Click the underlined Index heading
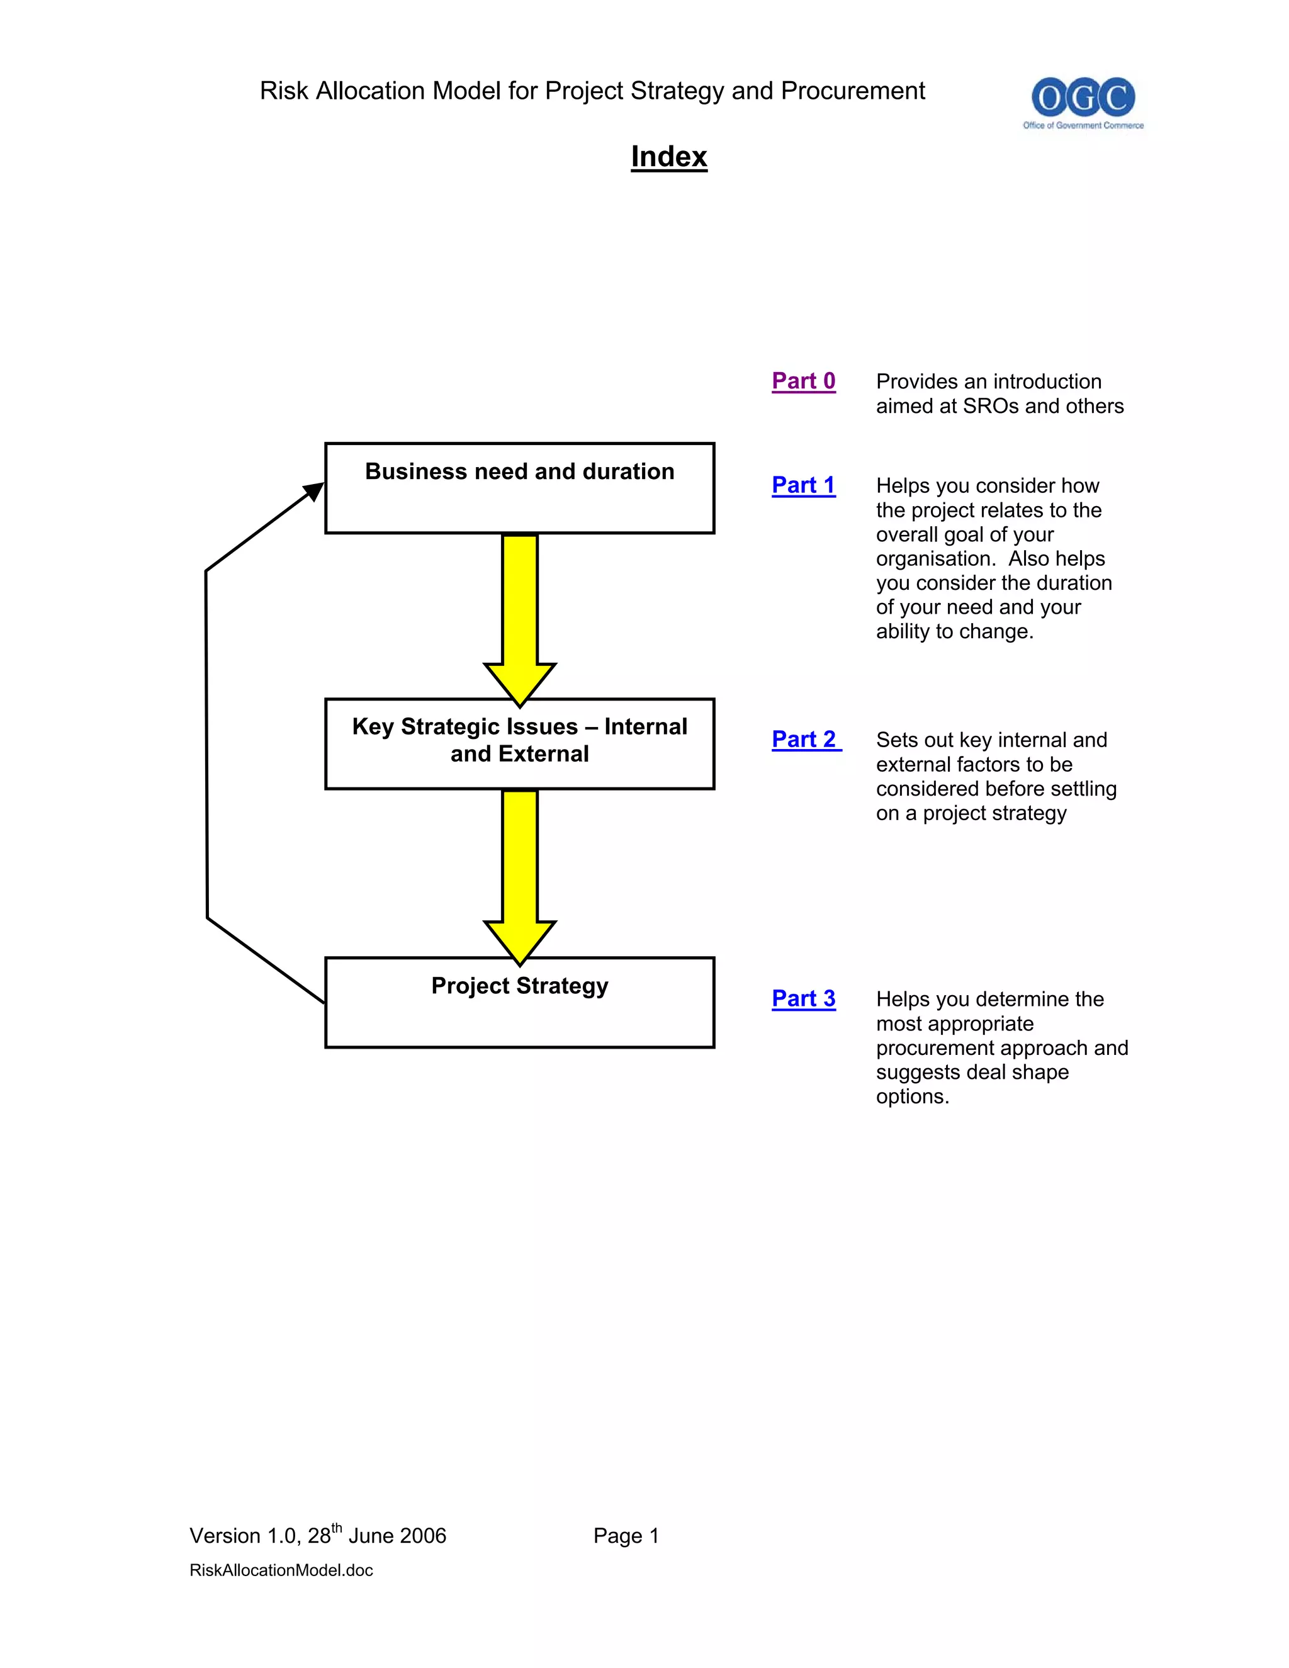pyautogui.click(x=669, y=157)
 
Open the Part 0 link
pyautogui.click(x=803, y=380)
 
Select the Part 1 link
pyautogui.click(x=803, y=485)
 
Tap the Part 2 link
pyautogui.click(x=805, y=740)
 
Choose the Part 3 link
pyautogui.click(x=803, y=998)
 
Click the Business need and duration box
pyautogui.click(x=519, y=488)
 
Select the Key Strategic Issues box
pyautogui.click(x=519, y=743)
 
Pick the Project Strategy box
pyautogui.click(x=519, y=1002)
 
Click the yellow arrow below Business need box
pyautogui.click(x=520, y=611)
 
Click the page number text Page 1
pyautogui.click(x=626, y=1536)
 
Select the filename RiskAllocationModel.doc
pyautogui.click(x=281, y=1570)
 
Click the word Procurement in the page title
pyautogui.click(x=853, y=91)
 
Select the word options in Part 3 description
pyautogui.click(x=913, y=1096)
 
